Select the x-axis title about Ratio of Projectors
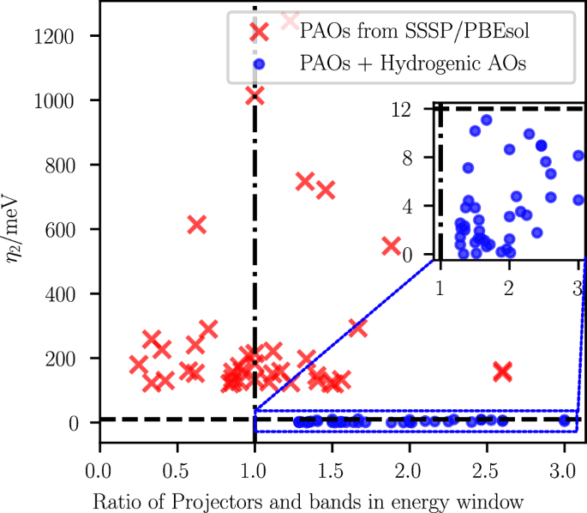(x=294, y=498)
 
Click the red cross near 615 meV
(x=196, y=224)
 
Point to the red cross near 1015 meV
(x=255, y=95)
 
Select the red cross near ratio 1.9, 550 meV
(x=392, y=245)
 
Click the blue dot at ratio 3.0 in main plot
(x=564, y=420)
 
